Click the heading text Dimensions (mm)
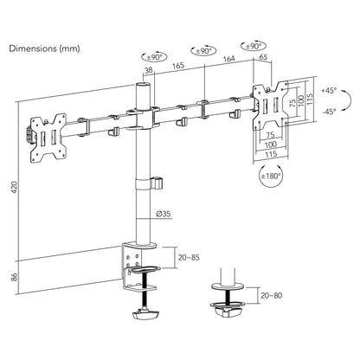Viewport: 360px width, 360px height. pyautogui.click(x=44, y=48)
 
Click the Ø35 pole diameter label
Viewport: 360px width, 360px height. pyautogui.click(x=164, y=214)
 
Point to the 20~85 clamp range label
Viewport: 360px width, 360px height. pyautogui.click(x=189, y=257)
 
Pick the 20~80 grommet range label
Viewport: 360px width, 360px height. pyautogui.click(x=272, y=295)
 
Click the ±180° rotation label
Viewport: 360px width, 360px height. pyautogui.click(x=271, y=176)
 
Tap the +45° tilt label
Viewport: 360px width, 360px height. pyautogui.click(x=329, y=90)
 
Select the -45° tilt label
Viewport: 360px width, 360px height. pyautogui.click(x=329, y=112)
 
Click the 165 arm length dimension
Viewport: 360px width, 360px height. pyautogui.click(x=178, y=65)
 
